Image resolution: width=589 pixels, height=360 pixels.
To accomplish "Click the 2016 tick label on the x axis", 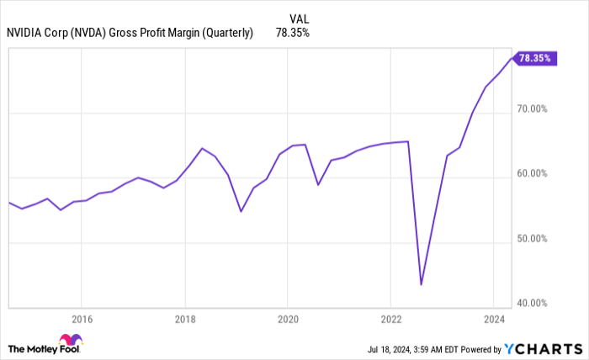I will [82, 319].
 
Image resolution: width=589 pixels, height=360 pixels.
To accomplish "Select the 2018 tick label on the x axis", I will [185, 319].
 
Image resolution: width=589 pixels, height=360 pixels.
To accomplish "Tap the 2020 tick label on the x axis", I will [288, 319].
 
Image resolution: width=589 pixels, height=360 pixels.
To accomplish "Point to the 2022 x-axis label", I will [390, 319].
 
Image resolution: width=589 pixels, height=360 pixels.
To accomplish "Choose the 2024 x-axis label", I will [494, 319].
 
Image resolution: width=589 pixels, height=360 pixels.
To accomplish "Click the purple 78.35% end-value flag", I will [535, 58].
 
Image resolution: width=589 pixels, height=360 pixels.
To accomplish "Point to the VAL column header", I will [299, 18].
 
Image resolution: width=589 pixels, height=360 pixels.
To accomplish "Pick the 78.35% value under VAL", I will [294, 34].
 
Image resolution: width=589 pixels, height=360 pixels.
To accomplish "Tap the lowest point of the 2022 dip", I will [421, 284].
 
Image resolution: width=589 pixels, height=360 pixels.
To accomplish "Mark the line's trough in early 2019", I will [241, 211].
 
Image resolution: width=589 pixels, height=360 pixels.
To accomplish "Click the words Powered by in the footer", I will [479, 348].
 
